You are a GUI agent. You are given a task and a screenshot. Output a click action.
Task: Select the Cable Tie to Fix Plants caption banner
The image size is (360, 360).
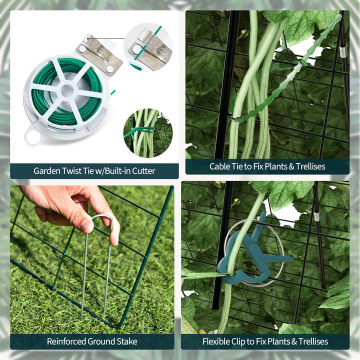267,166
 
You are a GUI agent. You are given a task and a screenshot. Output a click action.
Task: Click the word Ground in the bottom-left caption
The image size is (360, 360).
101,341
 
